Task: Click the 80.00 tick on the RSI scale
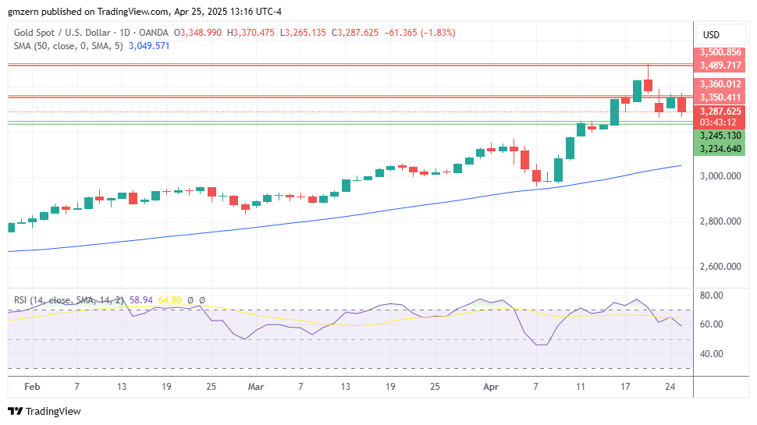(x=710, y=296)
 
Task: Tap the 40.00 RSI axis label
(x=710, y=353)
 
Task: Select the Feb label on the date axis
(x=32, y=386)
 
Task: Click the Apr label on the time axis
(x=491, y=386)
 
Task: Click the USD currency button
(x=711, y=34)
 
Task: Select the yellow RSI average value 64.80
(x=169, y=299)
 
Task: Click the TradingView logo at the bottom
(x=44, y=411)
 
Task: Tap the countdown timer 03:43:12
(x=719, y=122)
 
